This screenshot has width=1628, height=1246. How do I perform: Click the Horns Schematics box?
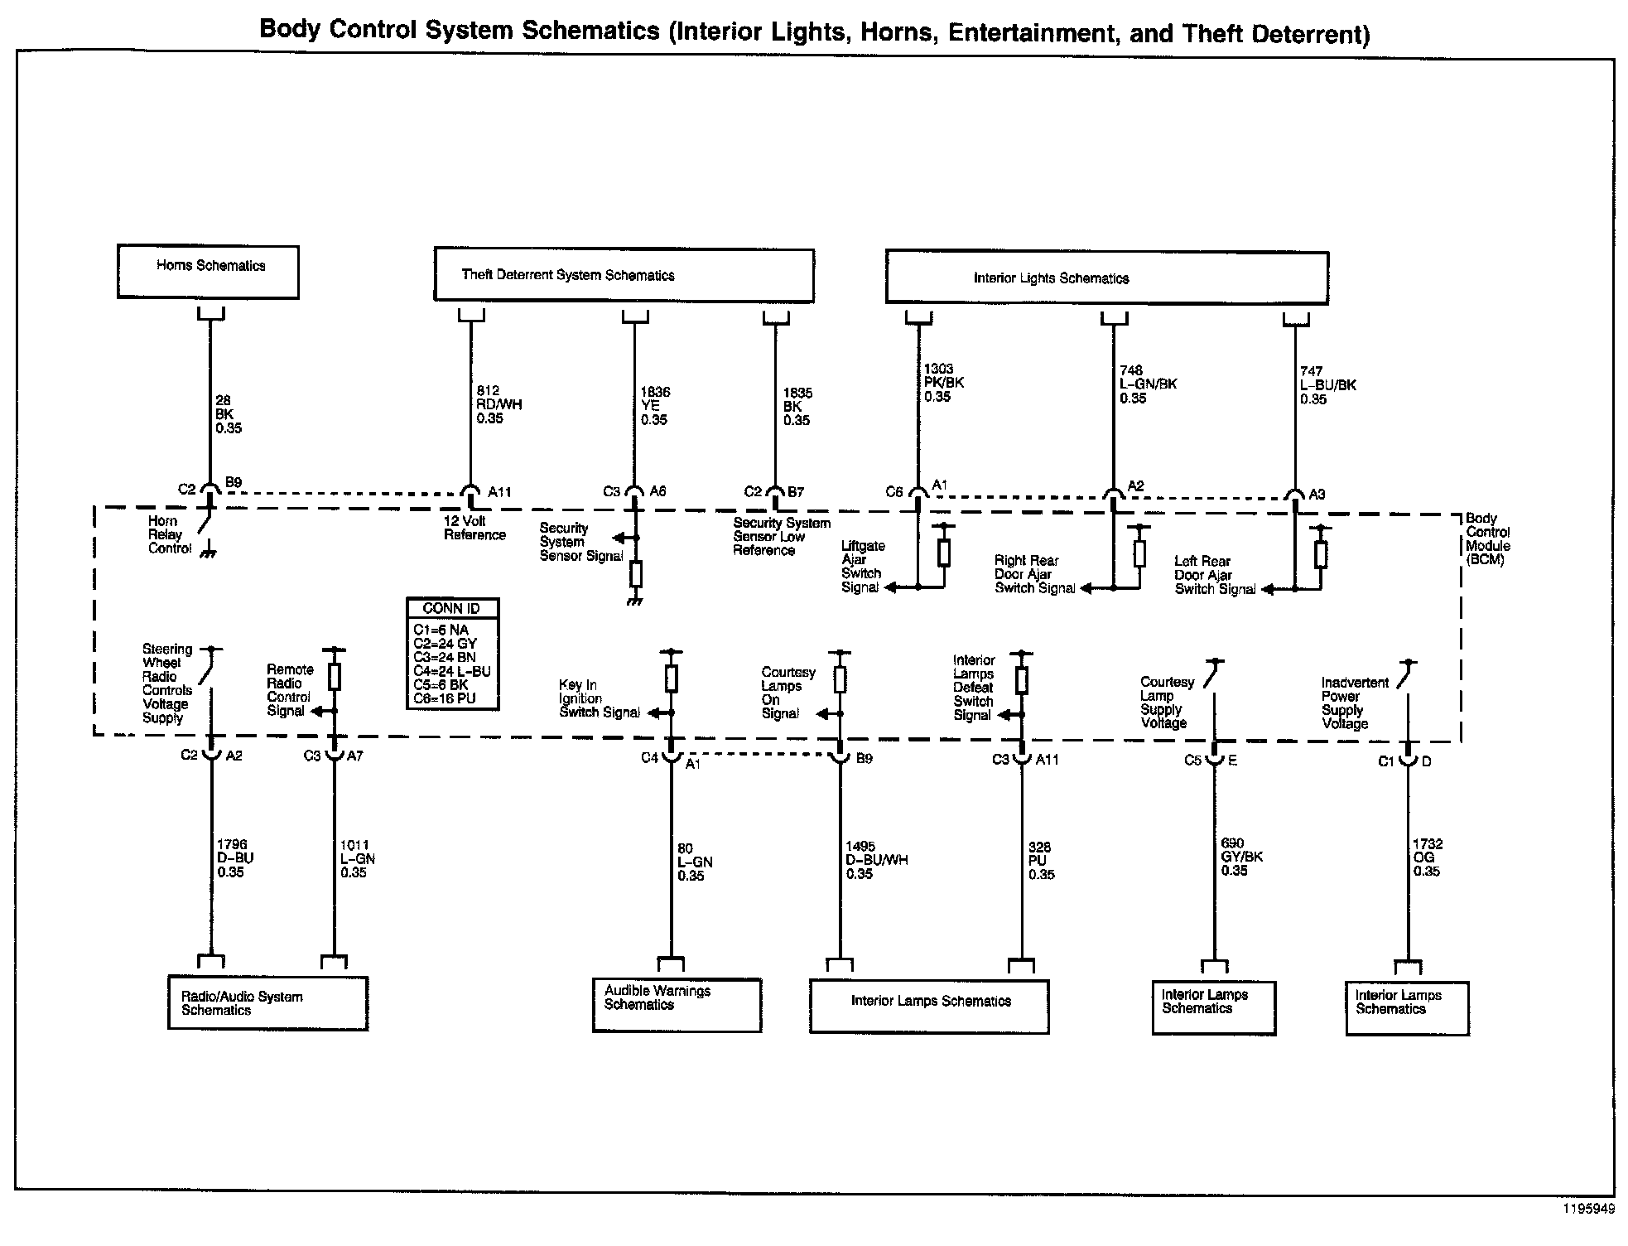(208, 272)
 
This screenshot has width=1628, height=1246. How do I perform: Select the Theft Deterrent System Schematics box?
(624, 275)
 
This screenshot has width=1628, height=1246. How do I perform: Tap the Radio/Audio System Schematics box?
(267, 1003)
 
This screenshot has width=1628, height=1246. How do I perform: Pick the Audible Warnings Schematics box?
(677, 1005)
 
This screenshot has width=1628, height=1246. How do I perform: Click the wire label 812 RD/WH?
(499, 404)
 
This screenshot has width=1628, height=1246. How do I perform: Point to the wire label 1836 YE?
(654, 406)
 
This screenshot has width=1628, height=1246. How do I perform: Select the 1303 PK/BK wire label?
(943, 383)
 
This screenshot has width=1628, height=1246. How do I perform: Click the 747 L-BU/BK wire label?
(1327, 385)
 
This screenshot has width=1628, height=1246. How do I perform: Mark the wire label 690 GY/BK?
(1241, 857)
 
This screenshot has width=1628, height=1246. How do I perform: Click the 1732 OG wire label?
(1427, 857)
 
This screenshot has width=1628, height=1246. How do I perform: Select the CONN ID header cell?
(452, 608)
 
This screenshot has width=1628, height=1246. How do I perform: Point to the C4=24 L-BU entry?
(452, 671)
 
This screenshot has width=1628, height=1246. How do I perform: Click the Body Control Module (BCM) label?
(1487, 538)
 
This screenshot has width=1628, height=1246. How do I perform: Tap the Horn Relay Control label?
(169, 534)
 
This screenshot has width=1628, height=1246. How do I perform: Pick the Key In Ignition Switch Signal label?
(599, 698)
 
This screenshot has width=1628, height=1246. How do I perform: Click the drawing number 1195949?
(1588, 1209)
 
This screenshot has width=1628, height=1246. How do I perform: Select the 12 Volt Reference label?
(474, 528)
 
